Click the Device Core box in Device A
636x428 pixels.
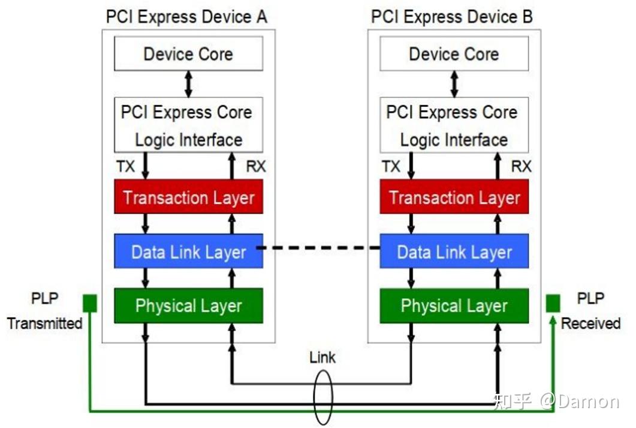[188, 54]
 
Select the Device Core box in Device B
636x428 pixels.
[454, 54]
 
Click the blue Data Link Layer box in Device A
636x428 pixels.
[188, 251]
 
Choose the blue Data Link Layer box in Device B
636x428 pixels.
[454, 251]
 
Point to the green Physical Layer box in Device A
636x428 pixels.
[188, 306]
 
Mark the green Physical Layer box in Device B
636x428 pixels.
[454, 306]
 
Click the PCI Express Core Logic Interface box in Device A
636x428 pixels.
[188, 125]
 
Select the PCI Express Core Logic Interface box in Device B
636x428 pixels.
[454, 125]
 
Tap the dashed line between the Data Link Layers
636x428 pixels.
[321, 247]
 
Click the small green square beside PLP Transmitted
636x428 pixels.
[89, 303]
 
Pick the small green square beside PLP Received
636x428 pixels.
[553, 303]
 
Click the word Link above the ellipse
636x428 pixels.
[322, 358]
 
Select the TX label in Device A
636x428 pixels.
[125, 166]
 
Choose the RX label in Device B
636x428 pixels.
[520, 166]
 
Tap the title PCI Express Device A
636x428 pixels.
[186, 16]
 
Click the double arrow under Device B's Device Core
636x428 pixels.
[454, 84]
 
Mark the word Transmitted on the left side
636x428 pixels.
[44, 324]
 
